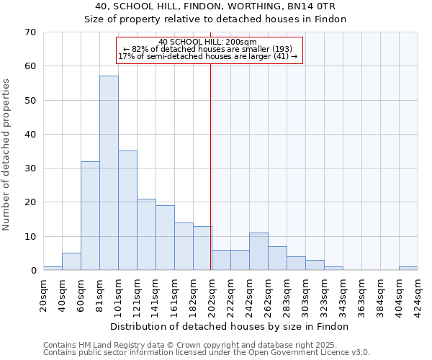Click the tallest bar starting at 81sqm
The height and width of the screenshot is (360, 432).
pyautogui.click(x=109, y=173)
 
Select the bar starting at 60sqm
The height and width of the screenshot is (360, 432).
pyautogui.click(x=90, y=216)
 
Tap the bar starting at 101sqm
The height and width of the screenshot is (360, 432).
pyautogui.click(x=127, y=210)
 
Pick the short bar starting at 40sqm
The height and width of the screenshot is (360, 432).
pyautogui.click(x=71, y=262)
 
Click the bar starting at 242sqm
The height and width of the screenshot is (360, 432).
pyautogui.click(x=258, y=252)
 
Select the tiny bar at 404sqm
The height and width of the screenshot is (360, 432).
pyautogui.click(x=408, y=269)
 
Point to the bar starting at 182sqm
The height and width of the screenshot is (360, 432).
pyautogui.click(x=202, y=248)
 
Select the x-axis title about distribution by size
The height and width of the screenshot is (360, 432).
pyautogui.click(x=230, y=326)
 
